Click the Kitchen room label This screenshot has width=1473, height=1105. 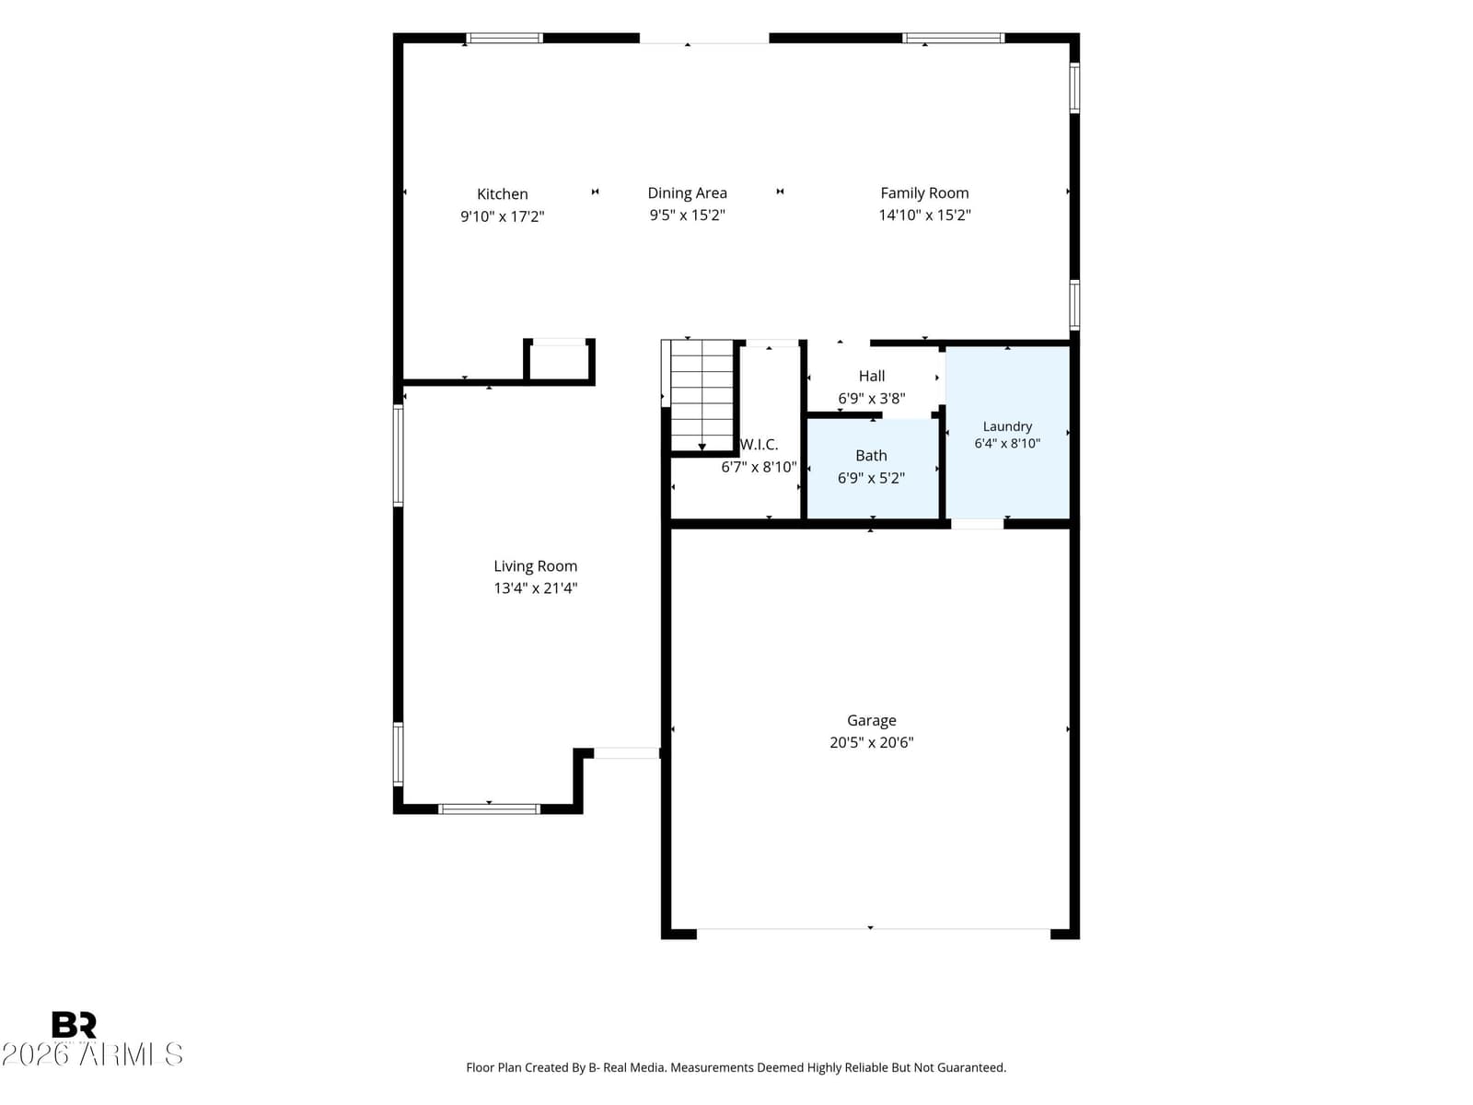(502, 194)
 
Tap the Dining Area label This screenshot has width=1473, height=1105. (687, 192)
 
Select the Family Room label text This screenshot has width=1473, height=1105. (924, 192)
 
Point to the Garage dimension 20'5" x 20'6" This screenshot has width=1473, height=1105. (871, 742)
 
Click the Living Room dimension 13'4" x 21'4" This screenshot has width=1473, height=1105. (535, 587)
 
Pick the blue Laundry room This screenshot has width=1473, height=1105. (1006, 433)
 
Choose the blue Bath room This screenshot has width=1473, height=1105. (872, 469)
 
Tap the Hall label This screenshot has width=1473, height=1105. (871, 376)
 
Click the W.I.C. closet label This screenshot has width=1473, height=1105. (759, 444)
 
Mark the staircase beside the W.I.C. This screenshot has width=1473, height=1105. (702, 395)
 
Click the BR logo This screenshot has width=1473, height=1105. (74, 1025)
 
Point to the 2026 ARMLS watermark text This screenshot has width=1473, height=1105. (92, 1054)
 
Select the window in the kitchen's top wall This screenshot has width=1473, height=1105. (504, 39)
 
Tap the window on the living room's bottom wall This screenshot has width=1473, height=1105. (489, 809)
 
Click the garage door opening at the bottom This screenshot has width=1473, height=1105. (873, 930)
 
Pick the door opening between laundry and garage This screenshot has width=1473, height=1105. (977, 524)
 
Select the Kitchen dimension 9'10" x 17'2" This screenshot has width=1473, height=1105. (502, 216)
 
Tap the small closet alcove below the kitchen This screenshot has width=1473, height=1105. (559, 362)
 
